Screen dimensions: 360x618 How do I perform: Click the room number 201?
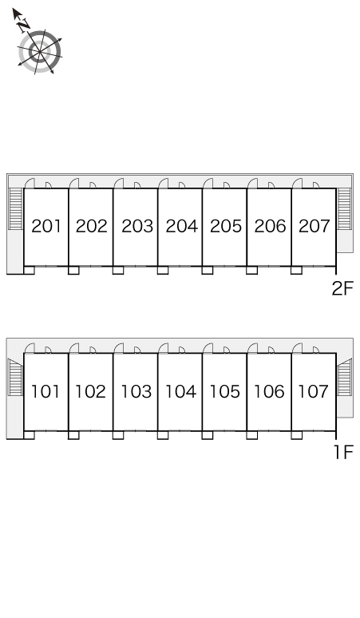coord(46,226)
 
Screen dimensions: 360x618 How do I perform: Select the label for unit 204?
coord(181,226)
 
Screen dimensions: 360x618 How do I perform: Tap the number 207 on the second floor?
coord(314,226)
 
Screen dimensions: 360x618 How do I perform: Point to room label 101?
coord(45,391)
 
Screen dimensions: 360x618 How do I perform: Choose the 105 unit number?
coord(225,391)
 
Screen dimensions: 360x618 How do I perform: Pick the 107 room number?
coord(313,391)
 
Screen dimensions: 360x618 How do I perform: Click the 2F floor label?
coord(342,288)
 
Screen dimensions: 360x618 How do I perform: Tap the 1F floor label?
coord(344,452)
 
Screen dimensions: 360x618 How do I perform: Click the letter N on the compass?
coord(24,25)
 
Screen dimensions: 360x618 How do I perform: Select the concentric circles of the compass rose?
coord(39,52)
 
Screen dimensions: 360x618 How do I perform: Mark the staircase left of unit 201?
coord(16,209)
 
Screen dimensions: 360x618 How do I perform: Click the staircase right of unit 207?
coord(344,209)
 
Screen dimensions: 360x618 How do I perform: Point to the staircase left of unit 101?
coord(16,377)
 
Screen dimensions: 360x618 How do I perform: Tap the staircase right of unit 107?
coord(344,377)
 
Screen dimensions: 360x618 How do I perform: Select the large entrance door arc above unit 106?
coord(251,347)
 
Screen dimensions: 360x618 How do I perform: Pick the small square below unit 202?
coord(73,271)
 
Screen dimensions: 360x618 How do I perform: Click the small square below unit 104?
coord(163,435)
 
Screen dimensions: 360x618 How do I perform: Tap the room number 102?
coord(90,391)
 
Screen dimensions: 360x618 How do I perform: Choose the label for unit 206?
coord(270,226)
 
